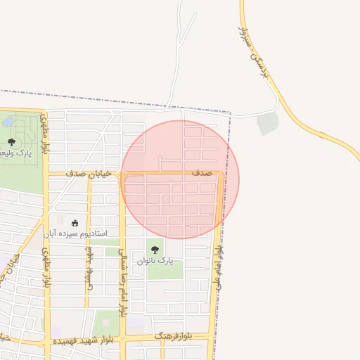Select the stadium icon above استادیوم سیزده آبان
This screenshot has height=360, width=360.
click(75, 223)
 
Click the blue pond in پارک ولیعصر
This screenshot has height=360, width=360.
click(8, 122)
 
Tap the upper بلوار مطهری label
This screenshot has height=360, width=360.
click(44, 134)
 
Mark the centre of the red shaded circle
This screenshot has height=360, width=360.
click(181, 179)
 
